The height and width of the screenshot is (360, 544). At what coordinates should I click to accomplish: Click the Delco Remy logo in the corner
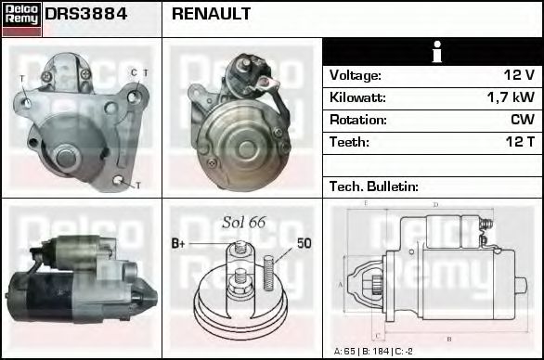pyautogui.click(x=21, y=18)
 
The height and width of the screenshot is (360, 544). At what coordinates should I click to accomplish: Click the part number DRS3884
pyautogui.click(x=86, y=15)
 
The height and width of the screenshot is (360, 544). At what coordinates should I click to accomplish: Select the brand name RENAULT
pyautogui.click(x=210, y=15)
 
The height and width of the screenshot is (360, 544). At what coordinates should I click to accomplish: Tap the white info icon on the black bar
pyautogui.click(x=434, y=52)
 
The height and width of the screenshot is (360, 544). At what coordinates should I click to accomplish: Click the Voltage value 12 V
pyautogui.click(x=517, y=75)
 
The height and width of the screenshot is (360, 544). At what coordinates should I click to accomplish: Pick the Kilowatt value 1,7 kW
pyautogui.click(x=511, y=97)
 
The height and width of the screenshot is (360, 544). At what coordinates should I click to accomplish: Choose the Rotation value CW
pyautogui.click(x=522, y=120)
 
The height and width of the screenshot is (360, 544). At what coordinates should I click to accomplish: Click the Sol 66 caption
pyautogui.click(x=243, y=223)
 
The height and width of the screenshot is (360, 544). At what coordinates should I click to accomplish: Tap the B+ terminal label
pyautogui.click(x=179, y=244)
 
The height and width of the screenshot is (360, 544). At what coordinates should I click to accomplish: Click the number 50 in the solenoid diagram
pyautogui.click(x=304, y=243)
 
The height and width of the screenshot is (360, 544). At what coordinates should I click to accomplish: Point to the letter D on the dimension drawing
pyautogui.click(x=435, y=204)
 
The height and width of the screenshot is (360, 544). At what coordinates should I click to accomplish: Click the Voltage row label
pyautogui.click(x=355, y=75)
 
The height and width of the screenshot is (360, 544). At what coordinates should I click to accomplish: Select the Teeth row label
pyautogui.click(x=349, y=142)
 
